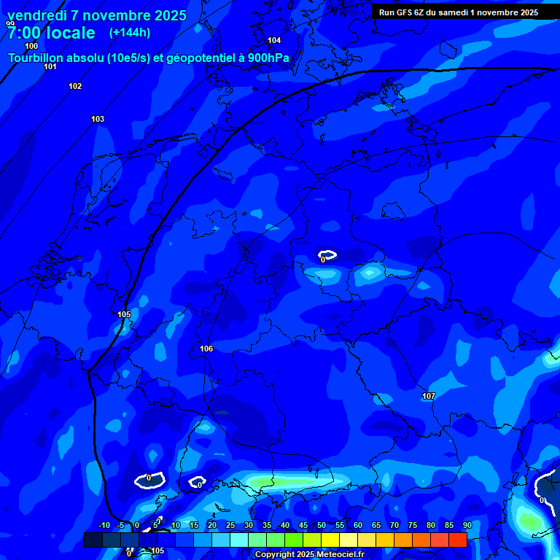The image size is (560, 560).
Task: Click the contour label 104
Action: click(x=274, y=41)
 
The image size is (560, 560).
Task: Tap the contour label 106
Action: click(x=206, y=349)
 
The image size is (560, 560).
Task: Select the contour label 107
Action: click(x=429, y=397)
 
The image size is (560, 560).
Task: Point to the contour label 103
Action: click(x=98, y=119)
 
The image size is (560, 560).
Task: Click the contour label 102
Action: click(x=75, y=87)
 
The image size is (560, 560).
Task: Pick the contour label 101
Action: click(x=50, y=67)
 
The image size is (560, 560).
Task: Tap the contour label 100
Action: click(x=31, y=47)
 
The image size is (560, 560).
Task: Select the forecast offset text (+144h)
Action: click(x=130, y=33)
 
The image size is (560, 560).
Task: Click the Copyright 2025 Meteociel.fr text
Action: click(x=309, y=554)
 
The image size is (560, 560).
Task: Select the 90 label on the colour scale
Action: click(x=467, y=525)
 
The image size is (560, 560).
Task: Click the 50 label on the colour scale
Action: click(x=321, y=525)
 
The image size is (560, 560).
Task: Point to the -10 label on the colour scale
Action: click(x=104, y=525)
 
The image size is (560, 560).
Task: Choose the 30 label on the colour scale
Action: click(x=248, y=525)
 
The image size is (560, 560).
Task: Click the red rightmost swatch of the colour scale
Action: click(x=457, y=540)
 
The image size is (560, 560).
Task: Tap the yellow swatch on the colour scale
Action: click(x=330, y=540)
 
